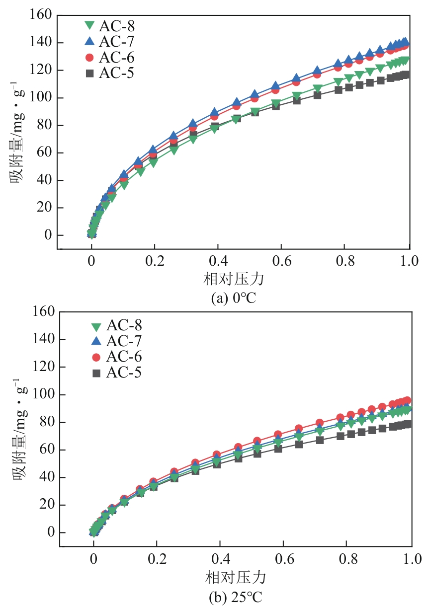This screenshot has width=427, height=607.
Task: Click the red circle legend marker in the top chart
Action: [90, 57]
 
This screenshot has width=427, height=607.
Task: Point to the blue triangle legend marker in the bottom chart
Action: [96, 341]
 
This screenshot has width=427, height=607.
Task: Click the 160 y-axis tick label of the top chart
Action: [40, 15]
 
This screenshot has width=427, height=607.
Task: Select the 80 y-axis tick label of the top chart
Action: [44, 126]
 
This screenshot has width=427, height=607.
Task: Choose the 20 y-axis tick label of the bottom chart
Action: [46, 505]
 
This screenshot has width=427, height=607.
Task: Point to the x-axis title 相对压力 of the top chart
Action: [233, 280]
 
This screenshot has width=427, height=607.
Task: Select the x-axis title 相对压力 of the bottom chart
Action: [236, 578]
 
